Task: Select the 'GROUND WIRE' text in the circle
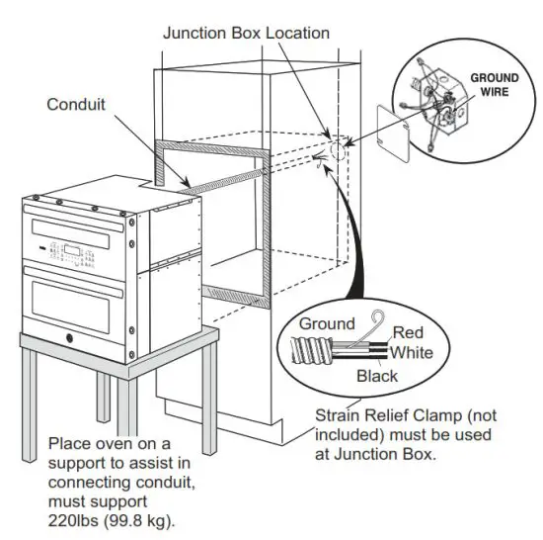pos(494,83)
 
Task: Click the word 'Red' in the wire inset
pos(408,333)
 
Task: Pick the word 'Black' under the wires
pos(377,376)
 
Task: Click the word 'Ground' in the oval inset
pos(327,323)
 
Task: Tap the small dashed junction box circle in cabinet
pos(334,152)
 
